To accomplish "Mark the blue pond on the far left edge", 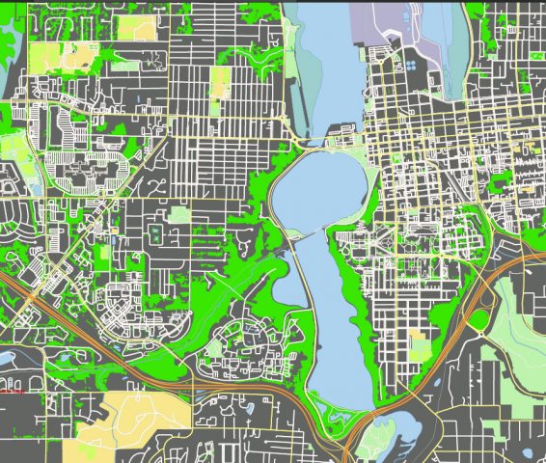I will tap(5, 358).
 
